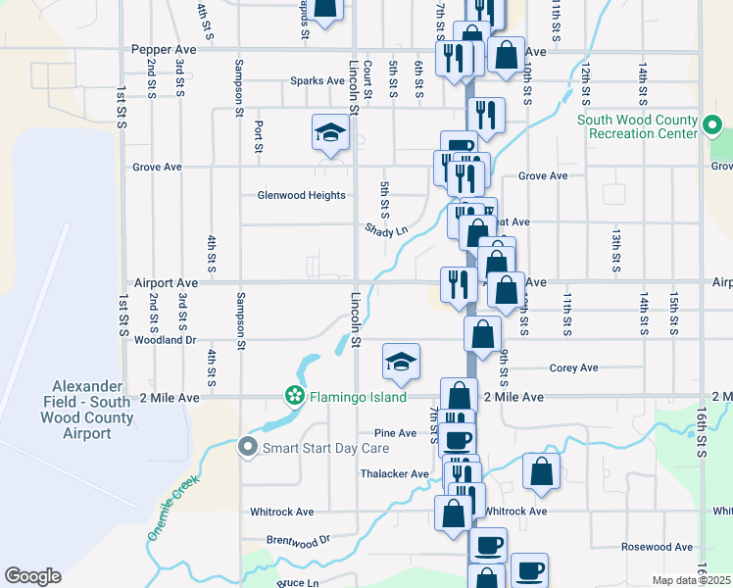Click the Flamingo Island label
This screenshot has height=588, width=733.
[359, 397]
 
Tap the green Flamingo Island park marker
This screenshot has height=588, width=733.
[293, 396]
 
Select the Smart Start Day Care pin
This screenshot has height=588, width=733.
[249, 448]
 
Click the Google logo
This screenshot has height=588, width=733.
[32, 576]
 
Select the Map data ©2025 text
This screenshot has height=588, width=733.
[691, 580]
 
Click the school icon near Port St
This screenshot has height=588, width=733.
[330, 133]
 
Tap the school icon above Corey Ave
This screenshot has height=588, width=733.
[400, 362]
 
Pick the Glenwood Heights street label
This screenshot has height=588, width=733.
[301, 195]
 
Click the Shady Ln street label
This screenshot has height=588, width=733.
[385, 230]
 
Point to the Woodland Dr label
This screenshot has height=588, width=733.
[165, 340]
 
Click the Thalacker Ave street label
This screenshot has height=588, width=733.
[394, 474]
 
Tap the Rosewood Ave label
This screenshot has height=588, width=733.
[657, 547]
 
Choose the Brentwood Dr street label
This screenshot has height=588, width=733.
[299, 540]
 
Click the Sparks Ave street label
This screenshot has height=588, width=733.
[317, 81]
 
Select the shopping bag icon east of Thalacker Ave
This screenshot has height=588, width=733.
[541, 471]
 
